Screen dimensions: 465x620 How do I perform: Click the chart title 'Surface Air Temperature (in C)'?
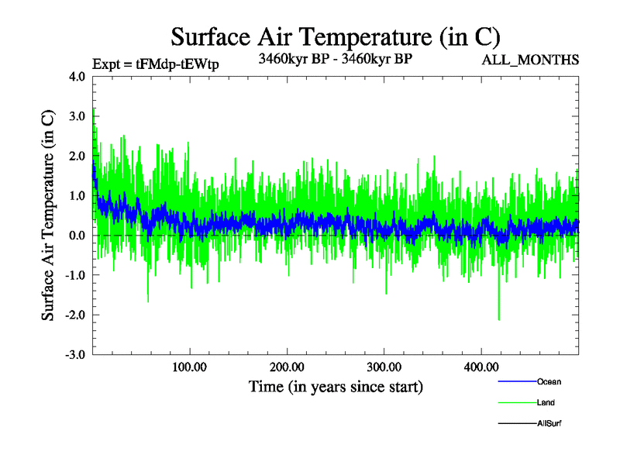pyautogui.click(x=335, y=36)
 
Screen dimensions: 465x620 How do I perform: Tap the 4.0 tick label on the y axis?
pyautogui.click(x=77, y=77)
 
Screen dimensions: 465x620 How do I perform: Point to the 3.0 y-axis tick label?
pyautogui.click(x=77, y=116)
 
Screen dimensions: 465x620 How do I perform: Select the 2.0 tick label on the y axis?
pyautogui.click(x=77, y=156)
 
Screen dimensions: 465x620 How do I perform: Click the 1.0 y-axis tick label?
pyautogui.click(x=77, y=195)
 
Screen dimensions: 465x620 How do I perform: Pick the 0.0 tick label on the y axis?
pyautogui.click(x=77, y=236)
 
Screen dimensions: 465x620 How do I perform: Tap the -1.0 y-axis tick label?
pyautogui.click(x=76, y=275)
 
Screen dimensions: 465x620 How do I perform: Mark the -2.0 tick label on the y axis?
pyautogui.click(x=76, y=315)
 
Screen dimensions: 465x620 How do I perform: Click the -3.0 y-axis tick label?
pyautogui.click(x=76, y=355)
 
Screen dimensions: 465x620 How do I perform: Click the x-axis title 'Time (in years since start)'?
pyautogui.click(x=336, y=386)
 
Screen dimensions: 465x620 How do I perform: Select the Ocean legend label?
pyautogui.click(x=549, y=382)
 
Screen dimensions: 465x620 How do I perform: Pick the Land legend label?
pyautogui.click(x=546, y=403)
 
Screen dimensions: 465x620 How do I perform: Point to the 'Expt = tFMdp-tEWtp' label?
pyautogui.click(x=156, y=64)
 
